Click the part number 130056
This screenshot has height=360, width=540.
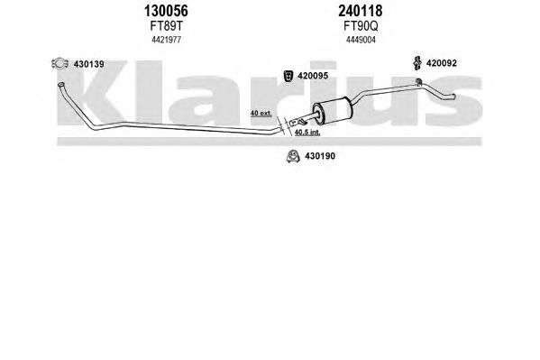click(166, 11)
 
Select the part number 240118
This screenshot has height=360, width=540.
click(361, 11)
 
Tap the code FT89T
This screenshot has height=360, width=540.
click(166, 26)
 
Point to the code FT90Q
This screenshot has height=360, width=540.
click(361, 26)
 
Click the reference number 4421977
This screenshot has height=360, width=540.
click(167, 40)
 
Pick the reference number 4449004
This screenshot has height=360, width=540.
click(361, 40)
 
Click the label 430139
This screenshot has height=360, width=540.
click(89, 64)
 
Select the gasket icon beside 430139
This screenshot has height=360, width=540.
click(59, 63)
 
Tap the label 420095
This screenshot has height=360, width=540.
click(313, 76)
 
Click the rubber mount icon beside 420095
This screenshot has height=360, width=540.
click(288, 76)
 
